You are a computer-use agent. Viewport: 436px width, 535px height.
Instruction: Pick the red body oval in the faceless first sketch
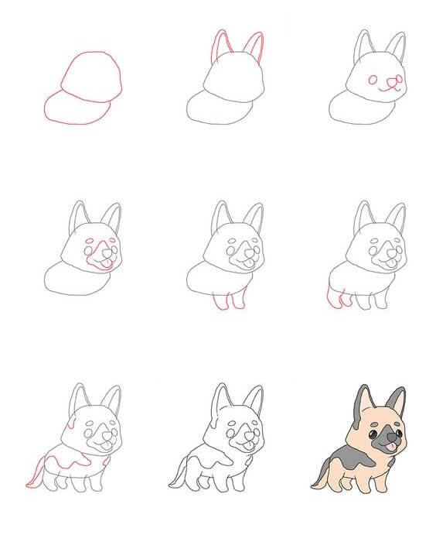73,108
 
